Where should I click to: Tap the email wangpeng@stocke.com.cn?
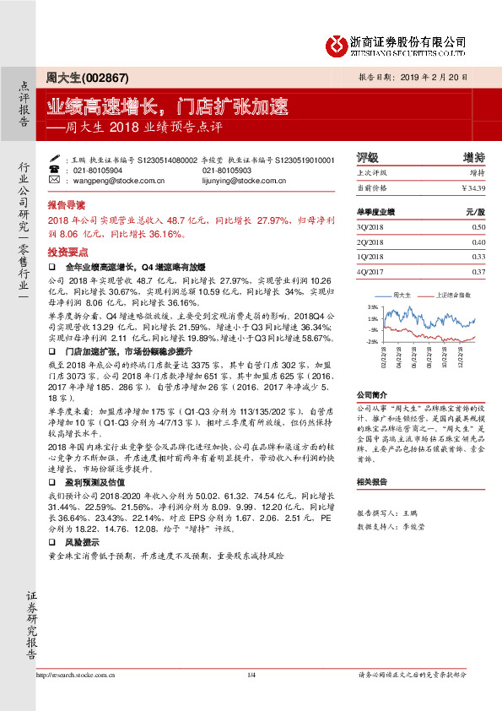coord(110,181)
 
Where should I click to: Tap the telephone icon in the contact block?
coord(55,170)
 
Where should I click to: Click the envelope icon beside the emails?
coord(55,181)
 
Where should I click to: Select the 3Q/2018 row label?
coord(370,227)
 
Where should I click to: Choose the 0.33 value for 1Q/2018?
coord(478,256)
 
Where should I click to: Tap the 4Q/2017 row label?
coord(370,270)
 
